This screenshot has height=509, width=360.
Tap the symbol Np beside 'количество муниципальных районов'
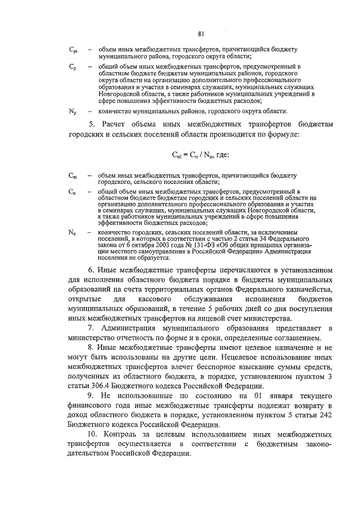pos(73,111)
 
